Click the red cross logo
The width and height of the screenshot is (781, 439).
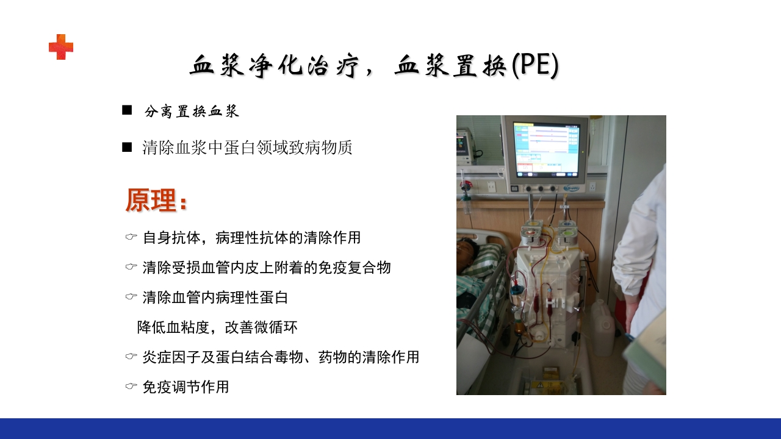point(61,47)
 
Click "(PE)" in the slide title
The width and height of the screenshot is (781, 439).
point(535,66)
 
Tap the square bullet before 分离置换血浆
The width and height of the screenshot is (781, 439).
point(127,110)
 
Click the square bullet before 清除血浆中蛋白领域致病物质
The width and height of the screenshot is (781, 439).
point(127,147)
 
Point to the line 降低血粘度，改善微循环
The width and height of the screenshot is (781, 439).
point(217,327)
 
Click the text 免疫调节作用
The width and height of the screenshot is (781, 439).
point(185,387)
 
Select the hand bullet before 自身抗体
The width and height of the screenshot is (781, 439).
point(131,237)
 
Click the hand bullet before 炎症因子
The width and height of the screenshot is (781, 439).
point(131,357)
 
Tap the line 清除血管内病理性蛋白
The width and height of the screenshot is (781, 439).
point(215,298)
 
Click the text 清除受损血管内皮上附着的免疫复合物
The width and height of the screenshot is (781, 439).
point(266,267)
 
